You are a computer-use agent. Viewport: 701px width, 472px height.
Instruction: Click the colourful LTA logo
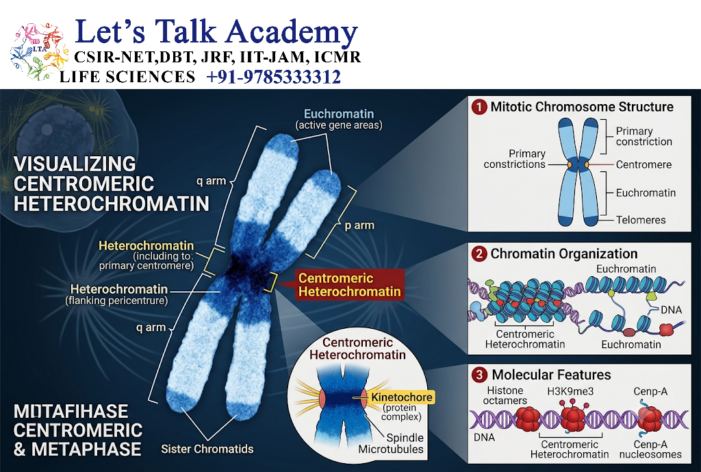click(x=39, y=52)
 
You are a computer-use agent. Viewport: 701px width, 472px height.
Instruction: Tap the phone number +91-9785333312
click(x=274, y=77)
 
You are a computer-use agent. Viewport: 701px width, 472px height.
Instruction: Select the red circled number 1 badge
click(x=480, y=108)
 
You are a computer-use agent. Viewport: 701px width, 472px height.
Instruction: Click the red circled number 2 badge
click(x=480, y=254)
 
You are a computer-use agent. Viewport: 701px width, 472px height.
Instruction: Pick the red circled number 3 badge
click(x=480, y=375)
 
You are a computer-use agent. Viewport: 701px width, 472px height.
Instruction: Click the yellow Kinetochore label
click(x=401, y=397)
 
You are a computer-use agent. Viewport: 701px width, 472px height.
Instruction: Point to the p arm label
click(x=359, y=225)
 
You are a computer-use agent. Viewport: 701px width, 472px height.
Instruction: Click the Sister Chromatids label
click(x=207, y=449)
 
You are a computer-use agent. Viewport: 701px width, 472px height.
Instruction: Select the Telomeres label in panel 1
click(x=641, y=220)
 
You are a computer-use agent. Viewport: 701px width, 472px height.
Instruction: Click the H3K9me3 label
click(x=570, y=391)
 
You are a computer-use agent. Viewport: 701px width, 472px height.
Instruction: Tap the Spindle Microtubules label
click(x=391, y=443)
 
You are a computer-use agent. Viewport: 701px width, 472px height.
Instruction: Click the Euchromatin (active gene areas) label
click(x=339, y=119)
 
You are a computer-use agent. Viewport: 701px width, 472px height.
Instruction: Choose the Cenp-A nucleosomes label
click(x=650, y=449)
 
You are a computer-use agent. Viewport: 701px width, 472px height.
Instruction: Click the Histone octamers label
click(x=505, y=395)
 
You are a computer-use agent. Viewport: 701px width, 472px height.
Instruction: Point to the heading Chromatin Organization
click(x=564, y=253)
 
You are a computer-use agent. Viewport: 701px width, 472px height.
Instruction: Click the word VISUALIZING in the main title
click(x=75, y=164)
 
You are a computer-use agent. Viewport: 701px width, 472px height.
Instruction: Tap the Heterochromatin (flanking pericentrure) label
click(x=117, y=295)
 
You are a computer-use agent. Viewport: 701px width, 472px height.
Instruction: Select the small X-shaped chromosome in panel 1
click(x=578, y=172)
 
